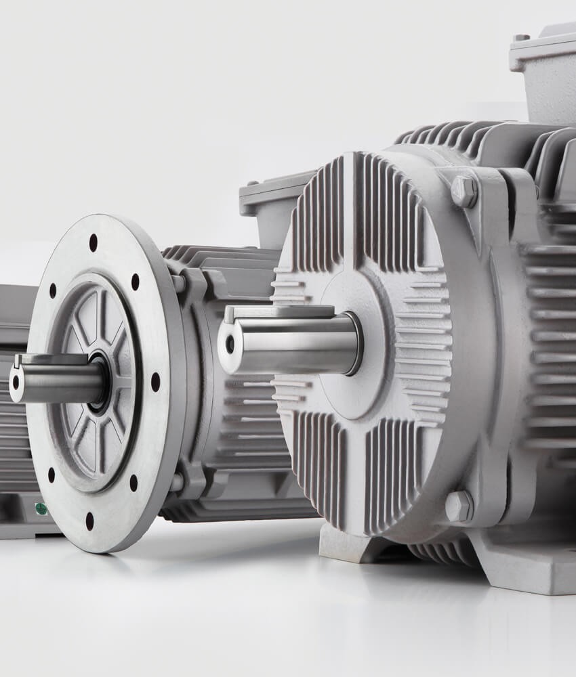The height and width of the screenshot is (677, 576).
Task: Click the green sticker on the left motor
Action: [x=41, y=508]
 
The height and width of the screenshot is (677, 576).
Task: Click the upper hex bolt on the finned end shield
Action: [x=464, y=191]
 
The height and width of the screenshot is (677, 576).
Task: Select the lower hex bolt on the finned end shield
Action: [x=459, y=506]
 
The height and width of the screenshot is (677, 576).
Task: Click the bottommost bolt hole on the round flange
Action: [x=89, y=521]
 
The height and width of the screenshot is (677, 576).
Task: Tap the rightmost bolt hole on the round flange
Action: [x=155, y=382]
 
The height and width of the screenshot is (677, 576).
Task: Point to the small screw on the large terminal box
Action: [x=520, y=38]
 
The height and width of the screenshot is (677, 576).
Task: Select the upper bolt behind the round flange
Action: [x=178, y=282]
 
